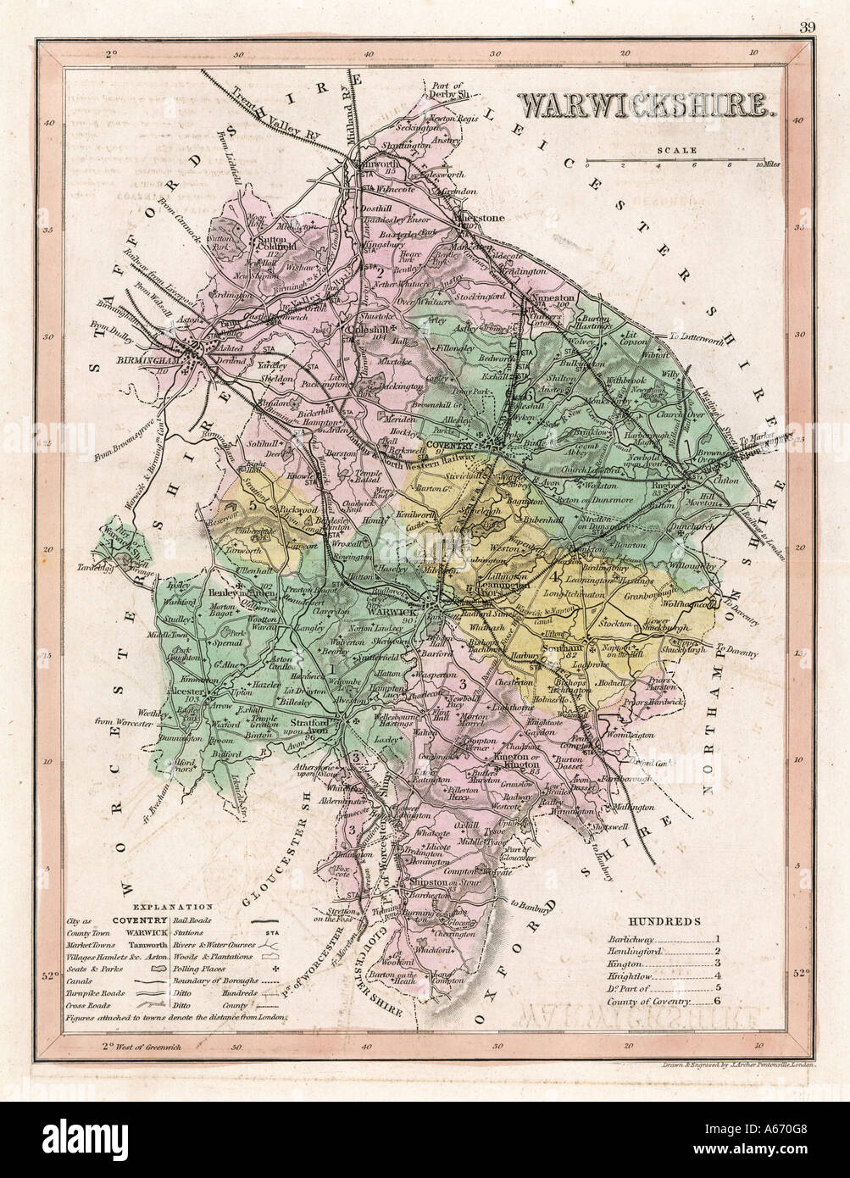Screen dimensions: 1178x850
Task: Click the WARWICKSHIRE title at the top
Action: pyautogui.click(x=644, y=104)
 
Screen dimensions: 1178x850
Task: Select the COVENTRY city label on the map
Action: pyautogui.click(x=450, y=444)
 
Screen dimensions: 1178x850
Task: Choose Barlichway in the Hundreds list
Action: pyautogui.click(x=631, y=938)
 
